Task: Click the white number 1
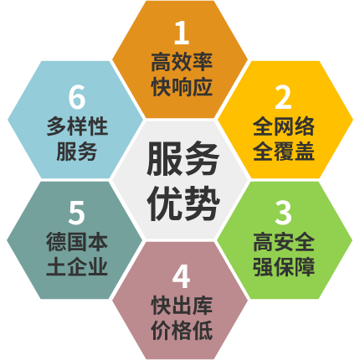pyautogui.click(x=182, y=33)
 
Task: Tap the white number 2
pyautogui.click(x=283, y=97)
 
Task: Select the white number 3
pyautogui.click(x=283, y=213)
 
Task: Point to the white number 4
pyautogui.click(x=181, y=277)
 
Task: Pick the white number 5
pyautogui.click(x=76, y=213)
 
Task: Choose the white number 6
pyautogui.click(x=77, y=97)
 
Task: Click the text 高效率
pyautogui.click(x=182, y=62)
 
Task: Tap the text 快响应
pyautogui.click(x=182, y=87)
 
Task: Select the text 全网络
pyautogui.click(x=284, y=126)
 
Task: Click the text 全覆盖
pyautogui.click(x=284, y=151)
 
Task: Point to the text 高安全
pyautogui.click(x=284, y=242)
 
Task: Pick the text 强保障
pyautogui.click(x=284, y=267)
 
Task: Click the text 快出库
pyautogui.click(x=182, y=306)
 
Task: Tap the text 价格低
pyautogui.click(x=182, y=331)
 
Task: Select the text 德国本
pyautogui.click(x=77, y=242)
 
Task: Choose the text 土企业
pyautogui.click(x=77, y=266)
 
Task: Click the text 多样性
pyautogui.click(x=77, y=126)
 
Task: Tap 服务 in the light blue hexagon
pyautogui.click(x=77, y=152)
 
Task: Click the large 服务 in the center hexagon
pyautogui.click(x=183, y=158)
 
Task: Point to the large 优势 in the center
pyautogui.click(x=183, y=203)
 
